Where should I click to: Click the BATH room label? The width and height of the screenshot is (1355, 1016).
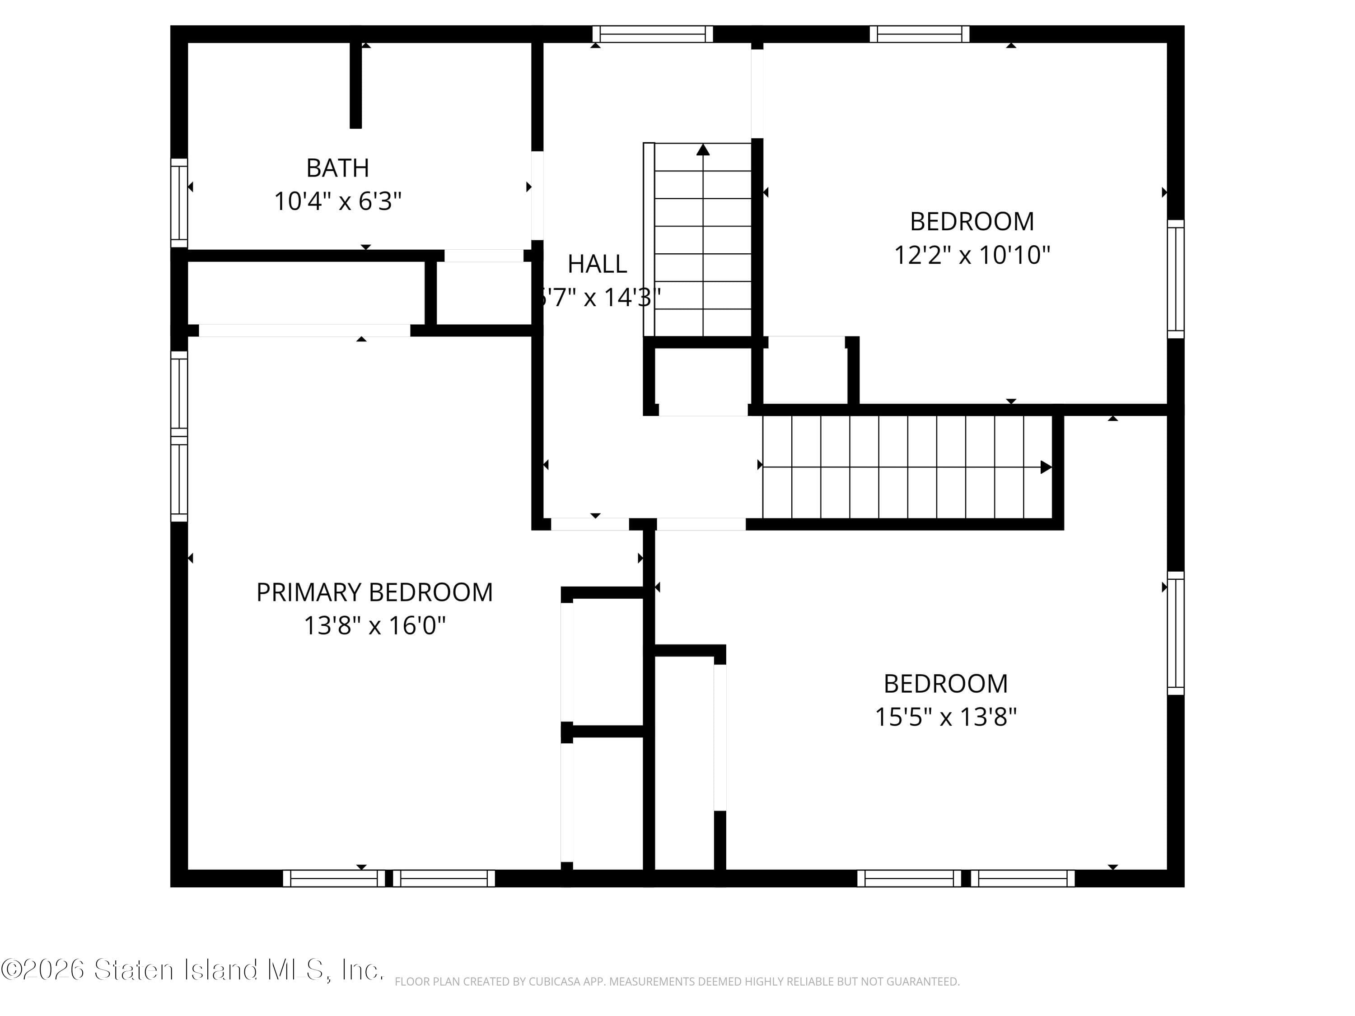click(x=337, y=168)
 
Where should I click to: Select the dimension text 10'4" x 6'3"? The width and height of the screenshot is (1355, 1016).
click(x=337, y=201)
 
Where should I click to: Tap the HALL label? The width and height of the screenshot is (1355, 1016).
click(x=597, y=264)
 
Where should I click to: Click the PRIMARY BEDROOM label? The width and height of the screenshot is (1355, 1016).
click(x=374, y=592)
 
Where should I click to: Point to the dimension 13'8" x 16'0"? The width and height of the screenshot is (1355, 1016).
click(x=374, y=625)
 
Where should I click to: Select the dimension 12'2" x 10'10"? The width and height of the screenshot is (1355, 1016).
click(x=972, y=255)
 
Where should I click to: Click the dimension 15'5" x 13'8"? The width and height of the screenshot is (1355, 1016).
click(x=945, y=717)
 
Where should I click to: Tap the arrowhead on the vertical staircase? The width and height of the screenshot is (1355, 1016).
click(x=703, y=149)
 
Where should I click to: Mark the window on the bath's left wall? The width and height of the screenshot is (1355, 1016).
click(x=179, y=202)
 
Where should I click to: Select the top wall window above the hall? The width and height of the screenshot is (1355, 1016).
click(x=652, y=34)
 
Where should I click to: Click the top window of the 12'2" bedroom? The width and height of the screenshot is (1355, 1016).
click(x=920, y=34)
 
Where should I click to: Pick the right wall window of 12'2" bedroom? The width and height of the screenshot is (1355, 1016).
click(x=1176, y=279)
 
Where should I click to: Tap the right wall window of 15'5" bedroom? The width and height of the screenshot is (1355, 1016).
click(x=1176, y=633)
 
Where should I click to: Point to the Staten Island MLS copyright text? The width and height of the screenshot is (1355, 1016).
click(x=192, y=970)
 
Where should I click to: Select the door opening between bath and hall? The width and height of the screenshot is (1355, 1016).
click(x=537, y=196)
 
